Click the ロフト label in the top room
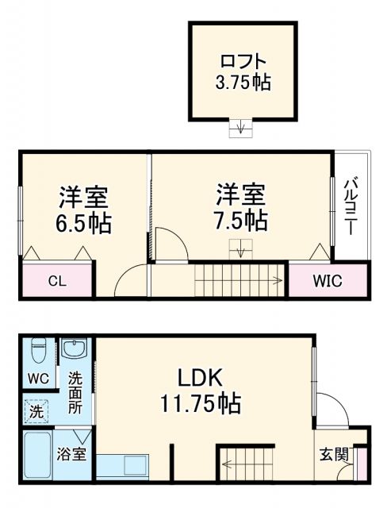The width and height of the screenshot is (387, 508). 243,61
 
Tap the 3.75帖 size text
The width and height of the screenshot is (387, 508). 243,82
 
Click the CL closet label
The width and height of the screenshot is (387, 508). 56,280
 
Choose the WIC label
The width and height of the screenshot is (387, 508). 327,280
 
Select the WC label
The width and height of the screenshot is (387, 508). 37,379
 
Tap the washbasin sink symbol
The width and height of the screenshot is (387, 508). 75,349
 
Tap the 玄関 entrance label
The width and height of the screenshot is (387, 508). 334,455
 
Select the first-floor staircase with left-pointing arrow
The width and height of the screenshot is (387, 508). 249,464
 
